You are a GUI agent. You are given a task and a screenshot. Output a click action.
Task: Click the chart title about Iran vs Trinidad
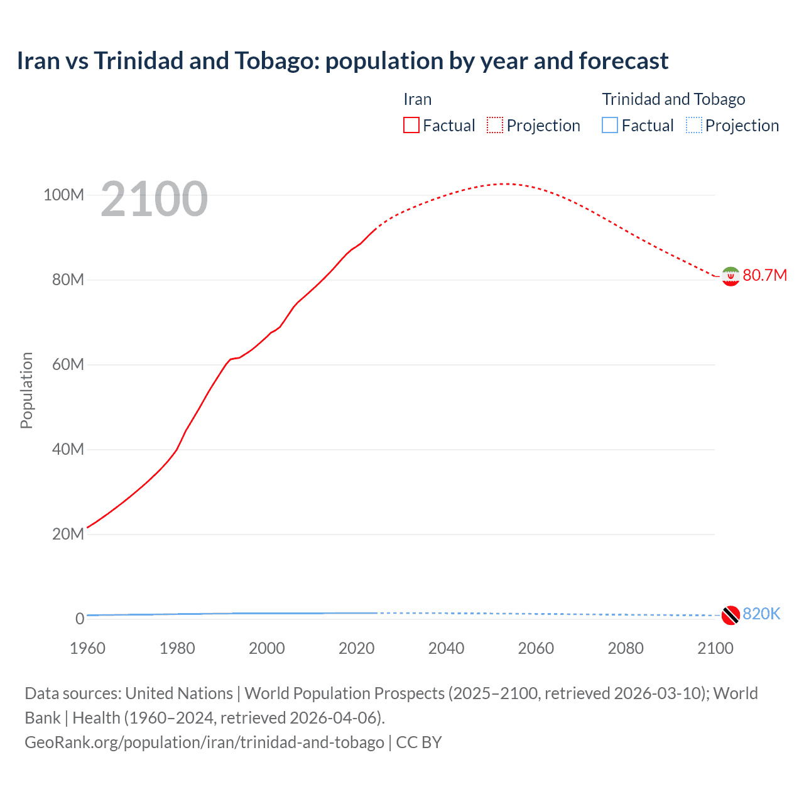click(342, 61)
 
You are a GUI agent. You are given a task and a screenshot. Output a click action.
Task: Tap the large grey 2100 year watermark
click(154, 199)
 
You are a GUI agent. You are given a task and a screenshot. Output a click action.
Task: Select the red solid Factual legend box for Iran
click(411, 125)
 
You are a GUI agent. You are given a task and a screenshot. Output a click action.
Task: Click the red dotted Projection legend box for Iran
click(495, 125)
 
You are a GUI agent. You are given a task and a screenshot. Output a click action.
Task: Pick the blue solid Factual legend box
click(610, 125)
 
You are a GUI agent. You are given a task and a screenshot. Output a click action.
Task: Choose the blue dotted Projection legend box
click(693, 125)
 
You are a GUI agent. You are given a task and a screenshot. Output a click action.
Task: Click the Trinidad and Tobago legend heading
click(673, 99)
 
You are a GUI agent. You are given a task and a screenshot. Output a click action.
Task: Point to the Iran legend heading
click(417, 99)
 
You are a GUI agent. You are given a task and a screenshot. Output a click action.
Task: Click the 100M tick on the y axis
click(63, 195)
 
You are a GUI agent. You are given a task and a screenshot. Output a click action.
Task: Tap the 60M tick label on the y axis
click(67, 364)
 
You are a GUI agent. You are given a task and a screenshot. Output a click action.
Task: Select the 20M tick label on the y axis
click(67, 534)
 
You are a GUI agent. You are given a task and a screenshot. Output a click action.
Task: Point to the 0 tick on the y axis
click(79, 619)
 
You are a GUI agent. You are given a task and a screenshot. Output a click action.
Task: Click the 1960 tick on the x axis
click(87, 648)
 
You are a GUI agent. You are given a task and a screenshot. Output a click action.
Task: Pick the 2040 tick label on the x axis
click(446, 648)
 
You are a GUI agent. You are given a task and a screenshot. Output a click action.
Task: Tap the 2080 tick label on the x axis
click(626, 648)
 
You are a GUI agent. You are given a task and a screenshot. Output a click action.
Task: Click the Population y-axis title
click(26, 390)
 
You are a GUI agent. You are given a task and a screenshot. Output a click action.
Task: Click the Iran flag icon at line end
click(731, 276)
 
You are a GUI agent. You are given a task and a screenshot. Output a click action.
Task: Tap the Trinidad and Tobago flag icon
click(731, 615)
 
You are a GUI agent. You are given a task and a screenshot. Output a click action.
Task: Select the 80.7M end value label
click(764, 276)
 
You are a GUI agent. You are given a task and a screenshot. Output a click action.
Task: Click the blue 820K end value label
click(761, 614)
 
